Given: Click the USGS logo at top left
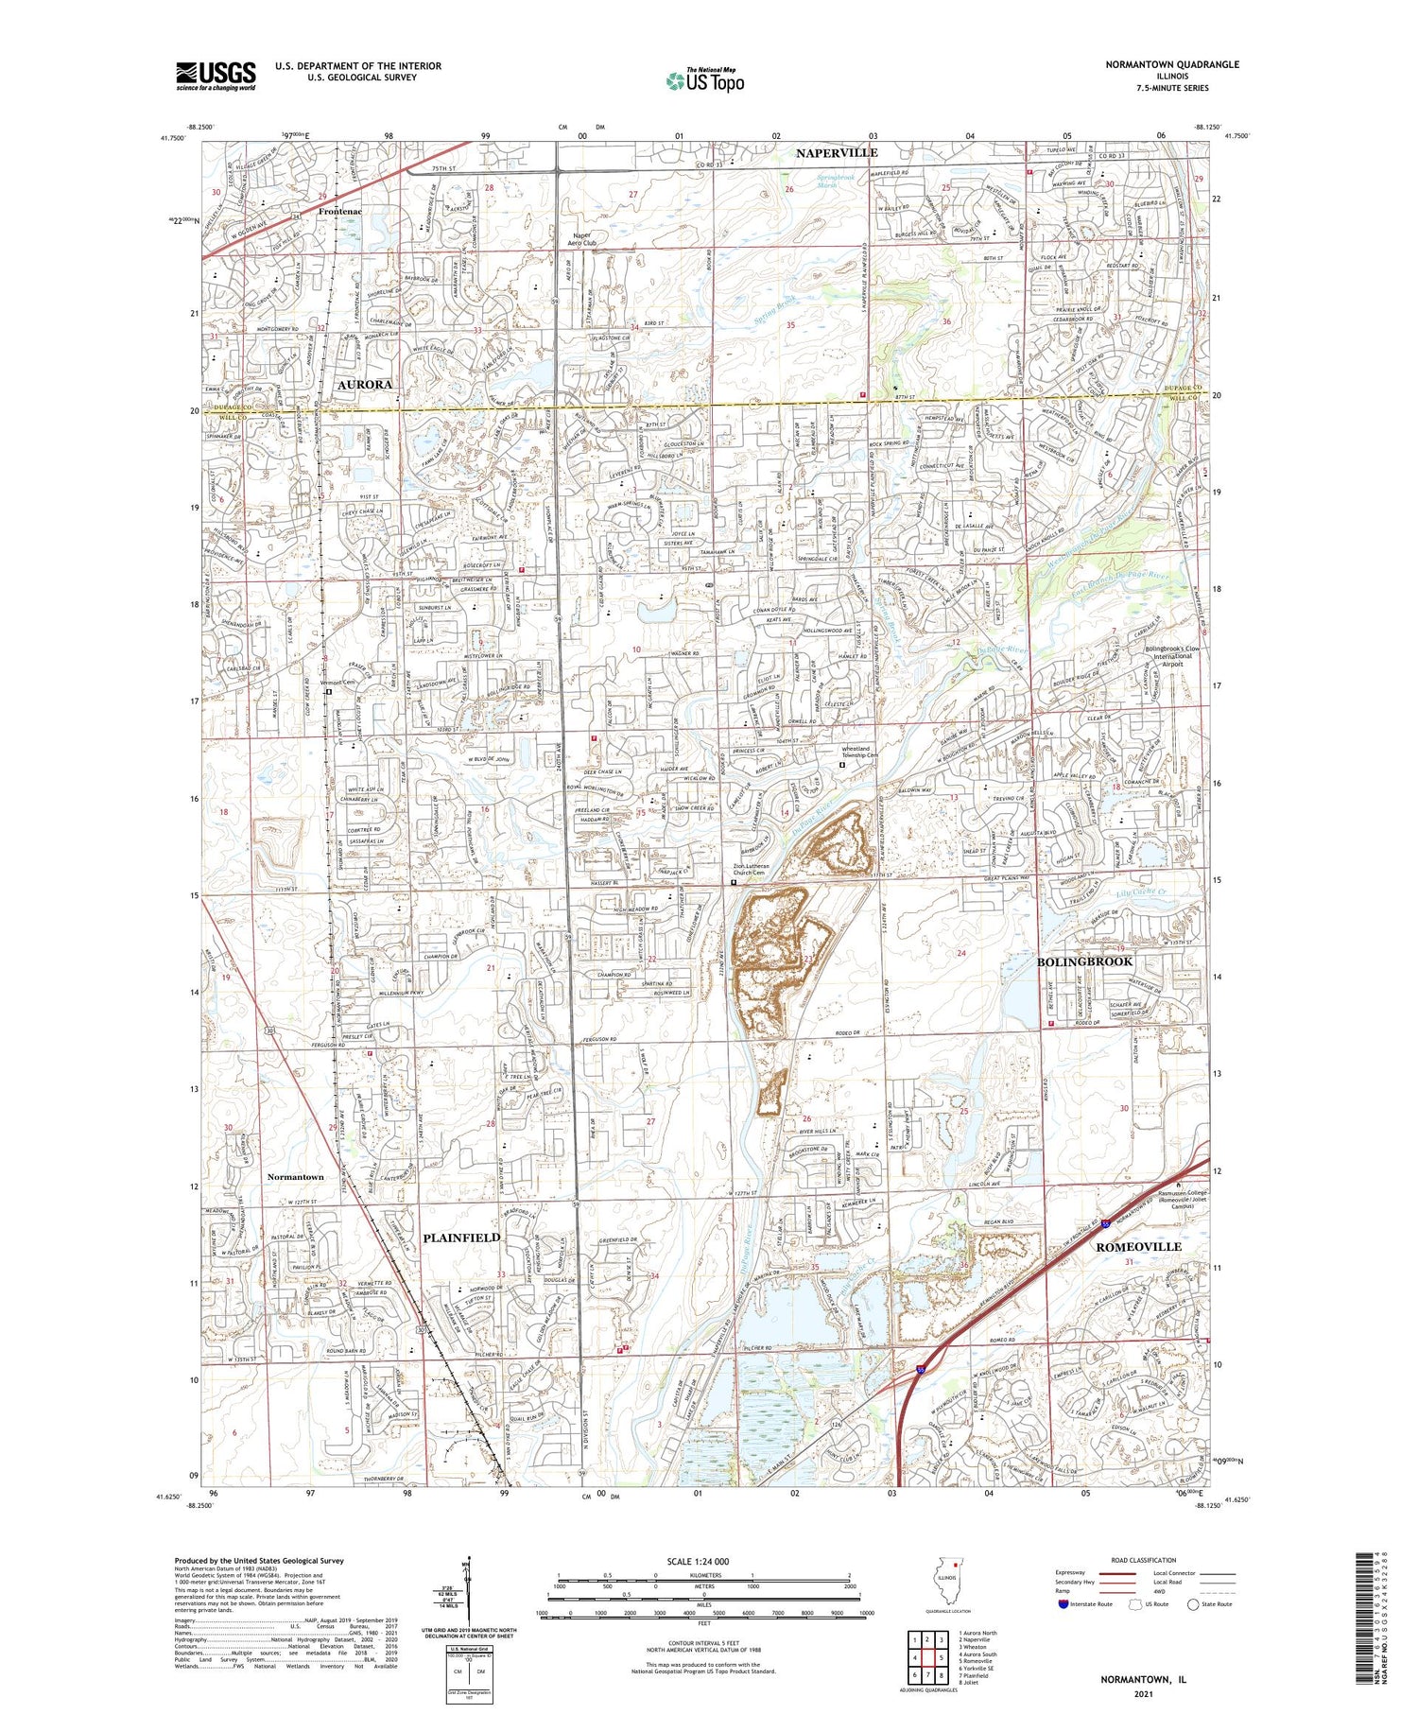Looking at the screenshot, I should tap(216, 76).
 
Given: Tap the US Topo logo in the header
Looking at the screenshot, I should tap(704, 80).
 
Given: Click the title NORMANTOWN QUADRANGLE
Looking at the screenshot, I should tap(1171, 64).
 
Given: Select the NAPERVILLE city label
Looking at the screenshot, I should tap(836, 153).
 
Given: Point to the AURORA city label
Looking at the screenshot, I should tap(364, 385).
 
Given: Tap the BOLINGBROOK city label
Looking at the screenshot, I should tap(1084, 961).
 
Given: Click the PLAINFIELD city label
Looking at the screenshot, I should tap(461, 1238).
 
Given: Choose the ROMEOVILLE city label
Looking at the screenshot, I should tap(1138, 1246).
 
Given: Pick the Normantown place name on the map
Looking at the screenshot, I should tap(295, 1177).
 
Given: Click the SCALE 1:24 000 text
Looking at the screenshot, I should tap(704, 1562).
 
